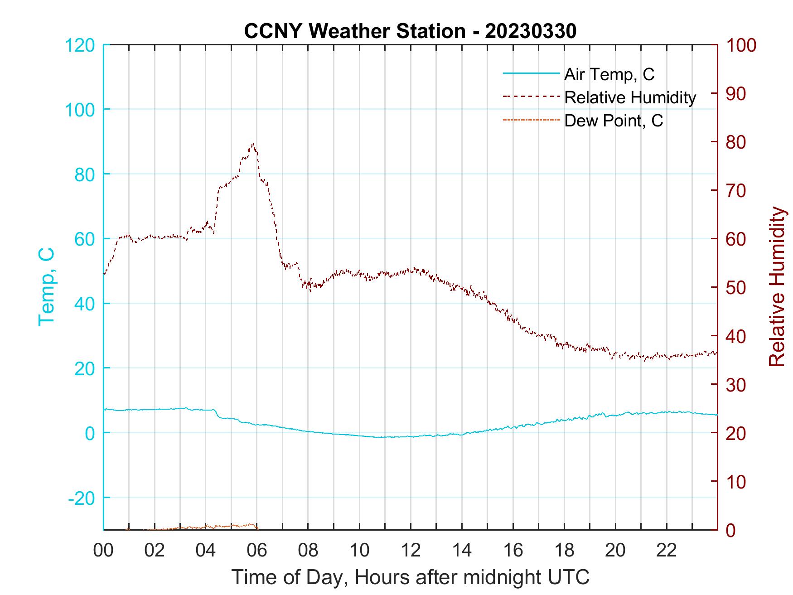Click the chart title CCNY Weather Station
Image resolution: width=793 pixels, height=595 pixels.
[x=354, y=31]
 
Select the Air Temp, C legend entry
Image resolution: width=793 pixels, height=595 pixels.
[x=609, y=74]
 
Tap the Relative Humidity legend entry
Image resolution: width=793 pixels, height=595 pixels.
[x=630, y=97]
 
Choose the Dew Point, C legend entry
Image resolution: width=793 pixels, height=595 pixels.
[x=614, y=121]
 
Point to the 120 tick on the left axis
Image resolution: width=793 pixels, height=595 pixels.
[x=80, y=45]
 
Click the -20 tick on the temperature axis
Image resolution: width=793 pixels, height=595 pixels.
[x=82, y=498]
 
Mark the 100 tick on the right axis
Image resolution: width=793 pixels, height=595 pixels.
[x=741, y=45]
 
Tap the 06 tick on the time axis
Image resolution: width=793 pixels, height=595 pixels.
[x=256, y=551]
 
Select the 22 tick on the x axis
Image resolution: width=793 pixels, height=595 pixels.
[x=667, y=551]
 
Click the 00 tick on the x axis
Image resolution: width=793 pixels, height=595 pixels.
[x=103, y=551]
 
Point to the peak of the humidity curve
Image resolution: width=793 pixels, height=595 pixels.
[x=253, y=145]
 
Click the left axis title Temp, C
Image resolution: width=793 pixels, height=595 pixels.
[x=47, y=287]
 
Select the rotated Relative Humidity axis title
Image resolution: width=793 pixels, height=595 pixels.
[x=776, y=287]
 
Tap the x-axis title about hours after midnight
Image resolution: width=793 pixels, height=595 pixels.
[x=411, y=577]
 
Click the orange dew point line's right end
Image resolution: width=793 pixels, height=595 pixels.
[x=257, y=527]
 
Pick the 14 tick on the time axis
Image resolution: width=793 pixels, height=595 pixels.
[x=462, y=551]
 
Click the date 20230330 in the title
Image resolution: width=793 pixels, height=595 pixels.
[x=530, y=31]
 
